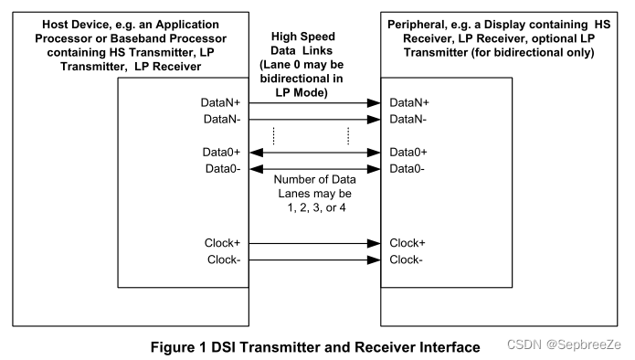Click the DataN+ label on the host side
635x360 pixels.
221,104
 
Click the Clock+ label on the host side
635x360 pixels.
224,243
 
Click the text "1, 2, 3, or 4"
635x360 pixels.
313,209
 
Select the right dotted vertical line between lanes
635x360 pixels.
348,135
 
